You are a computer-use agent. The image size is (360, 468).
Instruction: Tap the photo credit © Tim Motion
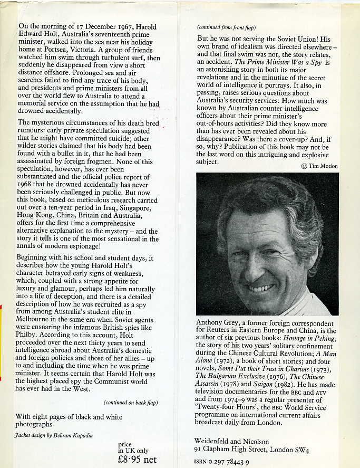point(319,166)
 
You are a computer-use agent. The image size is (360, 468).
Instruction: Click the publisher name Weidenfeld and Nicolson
point(232,441)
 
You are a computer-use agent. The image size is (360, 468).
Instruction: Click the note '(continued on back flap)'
point(131,403)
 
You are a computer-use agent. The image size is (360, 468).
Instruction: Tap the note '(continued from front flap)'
point(225,27)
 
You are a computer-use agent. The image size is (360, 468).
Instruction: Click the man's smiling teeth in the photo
point(261,288)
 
